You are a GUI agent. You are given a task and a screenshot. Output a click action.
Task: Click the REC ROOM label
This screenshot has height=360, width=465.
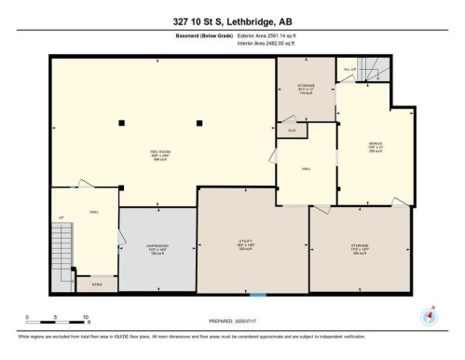pyautogui.click(x=159, y=153)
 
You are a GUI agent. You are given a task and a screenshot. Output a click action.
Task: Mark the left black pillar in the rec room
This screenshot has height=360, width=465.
pyautogui.click(x=121, y=122)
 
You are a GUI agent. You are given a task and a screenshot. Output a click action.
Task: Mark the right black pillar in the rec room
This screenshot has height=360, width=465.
pyautogui.click(x=198, y=122)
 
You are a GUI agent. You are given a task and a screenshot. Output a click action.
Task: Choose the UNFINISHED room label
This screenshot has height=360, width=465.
pyautogui.click(x=157, y=248)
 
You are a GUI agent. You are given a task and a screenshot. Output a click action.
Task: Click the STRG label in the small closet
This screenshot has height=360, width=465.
pyautogui.click(x=97, y=284)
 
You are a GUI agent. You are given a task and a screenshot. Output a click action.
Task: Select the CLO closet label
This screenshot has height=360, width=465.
pyautogui.click(x=292, y=131)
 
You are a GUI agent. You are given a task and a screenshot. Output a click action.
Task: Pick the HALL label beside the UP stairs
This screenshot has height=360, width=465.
pyautogui.click(x=95, y=213)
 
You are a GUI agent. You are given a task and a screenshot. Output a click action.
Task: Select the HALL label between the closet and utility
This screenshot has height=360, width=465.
pyautogui.click(x=305, y=169)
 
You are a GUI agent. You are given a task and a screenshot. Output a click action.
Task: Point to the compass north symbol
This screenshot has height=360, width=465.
pyautogui.click(x=429, y=315)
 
